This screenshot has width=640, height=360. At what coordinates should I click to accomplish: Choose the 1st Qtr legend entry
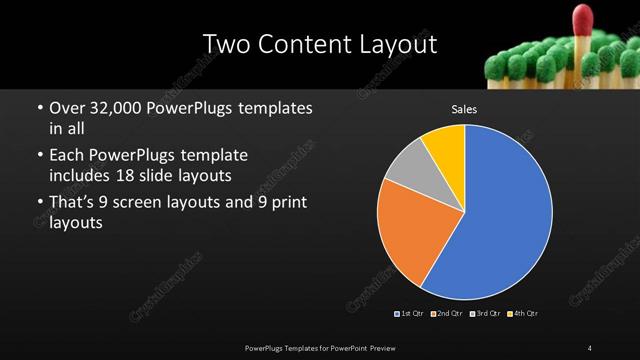pos(410,314)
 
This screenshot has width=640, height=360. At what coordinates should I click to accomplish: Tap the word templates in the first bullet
pos(274,108)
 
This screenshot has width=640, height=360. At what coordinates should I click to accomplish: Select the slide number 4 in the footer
pos(590,347)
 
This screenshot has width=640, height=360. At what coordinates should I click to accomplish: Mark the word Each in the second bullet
pos(68,155)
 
